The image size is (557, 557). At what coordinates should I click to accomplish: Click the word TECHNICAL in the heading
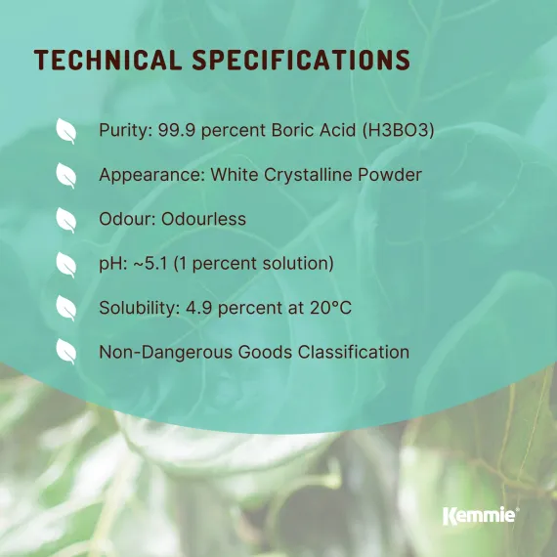coord(106,60)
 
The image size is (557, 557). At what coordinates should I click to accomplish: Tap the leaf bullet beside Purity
coord(66,131)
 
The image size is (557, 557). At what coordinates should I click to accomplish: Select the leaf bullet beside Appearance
coord(66,175)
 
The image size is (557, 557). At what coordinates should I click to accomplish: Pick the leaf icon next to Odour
coord(66,219)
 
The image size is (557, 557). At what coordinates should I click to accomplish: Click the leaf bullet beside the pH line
coord(66,264)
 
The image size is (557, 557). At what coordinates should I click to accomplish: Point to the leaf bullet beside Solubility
coord(66,308)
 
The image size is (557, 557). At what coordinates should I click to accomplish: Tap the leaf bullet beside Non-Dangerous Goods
coord(66,352)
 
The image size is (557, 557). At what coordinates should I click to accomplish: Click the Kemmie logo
coord(480,515)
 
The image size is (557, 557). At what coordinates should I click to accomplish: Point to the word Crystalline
coord(319,175)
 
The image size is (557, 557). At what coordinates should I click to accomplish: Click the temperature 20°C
coord(327,308)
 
